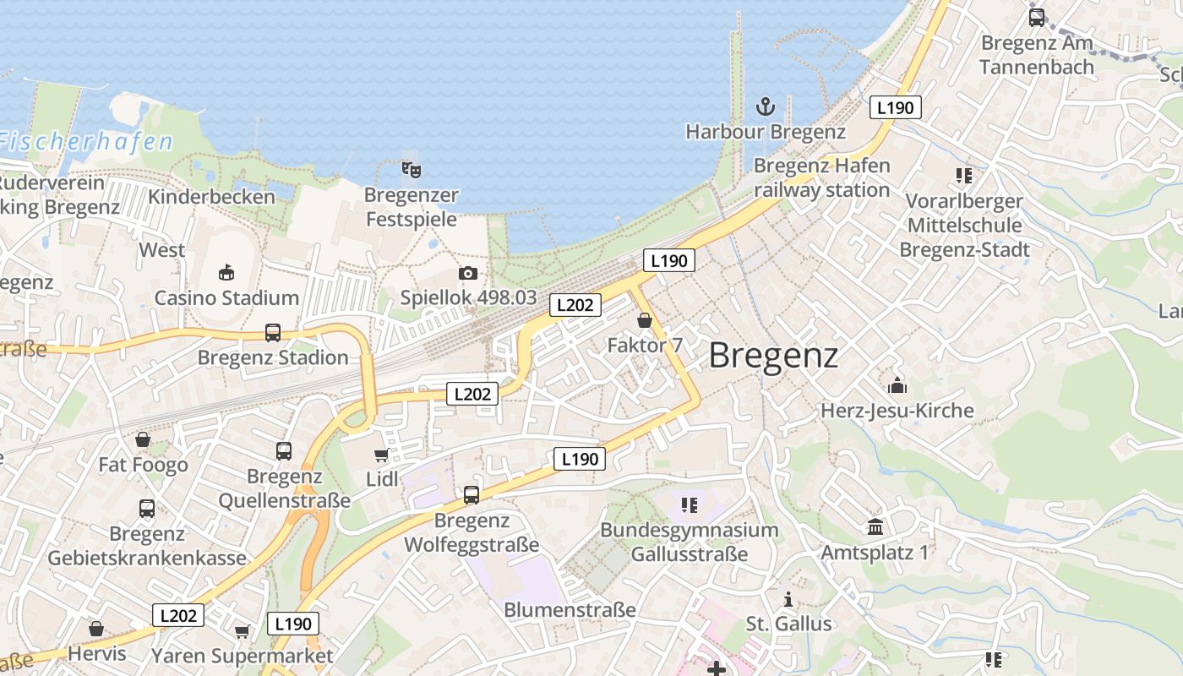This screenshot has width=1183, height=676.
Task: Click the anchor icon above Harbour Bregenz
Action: [765, 106]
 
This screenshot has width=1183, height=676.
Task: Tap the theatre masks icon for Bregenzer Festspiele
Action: [412, 169]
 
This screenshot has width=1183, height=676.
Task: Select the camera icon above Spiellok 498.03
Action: [468, 273]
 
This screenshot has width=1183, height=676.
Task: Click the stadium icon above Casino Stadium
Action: [226, 272]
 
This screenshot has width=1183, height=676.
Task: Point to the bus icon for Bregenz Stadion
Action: [273, 333]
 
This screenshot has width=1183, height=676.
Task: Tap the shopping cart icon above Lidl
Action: [381, 455]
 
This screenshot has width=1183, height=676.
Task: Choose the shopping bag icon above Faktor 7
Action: [645, 320]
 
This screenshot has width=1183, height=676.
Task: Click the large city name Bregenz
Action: [773, 356]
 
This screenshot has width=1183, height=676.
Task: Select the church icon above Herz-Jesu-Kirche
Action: [897, 385]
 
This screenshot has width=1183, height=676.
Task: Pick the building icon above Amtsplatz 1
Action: [875, 527]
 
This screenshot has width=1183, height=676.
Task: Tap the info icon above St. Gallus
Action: [788, 599]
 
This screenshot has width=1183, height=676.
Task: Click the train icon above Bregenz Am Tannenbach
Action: [1036, 18]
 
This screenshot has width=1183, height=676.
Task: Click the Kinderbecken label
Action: [211, 197]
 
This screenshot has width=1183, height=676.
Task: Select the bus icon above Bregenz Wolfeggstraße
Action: [472, 495]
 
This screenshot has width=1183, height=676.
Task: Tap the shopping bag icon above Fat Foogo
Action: [143, 439]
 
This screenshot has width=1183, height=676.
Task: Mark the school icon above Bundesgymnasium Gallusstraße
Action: [690, 505]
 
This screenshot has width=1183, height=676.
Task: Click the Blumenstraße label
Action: [570, 609]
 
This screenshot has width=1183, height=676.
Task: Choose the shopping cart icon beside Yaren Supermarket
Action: [243, 631]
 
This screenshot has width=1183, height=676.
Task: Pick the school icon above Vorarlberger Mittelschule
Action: [964, 176]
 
